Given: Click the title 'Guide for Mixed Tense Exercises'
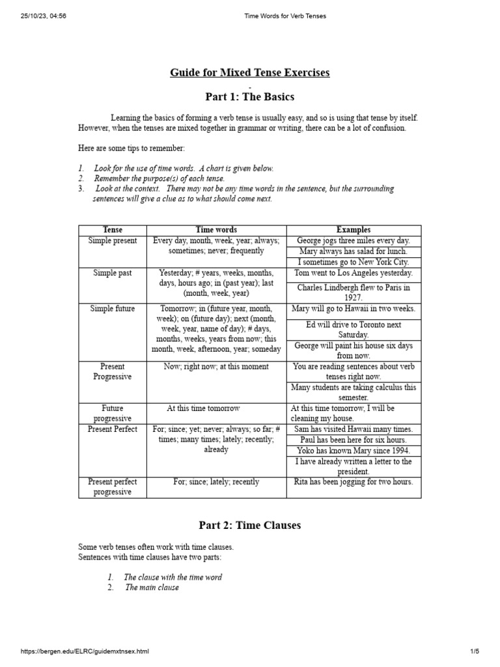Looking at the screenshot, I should pyautogui.click(x=250, y=72).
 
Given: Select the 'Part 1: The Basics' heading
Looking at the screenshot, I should pyautogui.click(x=250, y=97).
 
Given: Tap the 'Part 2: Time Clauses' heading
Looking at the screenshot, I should pyautogui.click(x=250, y=526).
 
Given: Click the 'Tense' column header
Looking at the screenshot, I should pyautogui.click(x=113, y=230).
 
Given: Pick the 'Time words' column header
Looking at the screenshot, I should pyautogui.click(x=217, y=230).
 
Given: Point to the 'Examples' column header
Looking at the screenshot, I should pyautogui.click(x=354, y=230).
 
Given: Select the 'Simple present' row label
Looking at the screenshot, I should pyautogui.click(x=113, y=241).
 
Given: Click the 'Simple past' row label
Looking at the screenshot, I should pyautogui.click(x=113, y=273).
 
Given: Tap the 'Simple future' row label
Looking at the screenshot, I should pyautogui.click(x=113, y=309).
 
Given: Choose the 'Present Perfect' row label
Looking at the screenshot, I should pyautogui.click(x=113, y=429).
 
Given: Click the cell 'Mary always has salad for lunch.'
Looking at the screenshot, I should pyautogui.click(x=354, y=251).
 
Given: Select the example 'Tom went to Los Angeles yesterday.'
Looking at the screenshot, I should pyautogui.click(x=354, y=273).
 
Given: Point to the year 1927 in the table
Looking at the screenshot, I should pyautogui.click(x=354, y=298).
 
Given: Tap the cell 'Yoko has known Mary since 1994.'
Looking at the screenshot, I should pyautogui.click(x=354, y=451).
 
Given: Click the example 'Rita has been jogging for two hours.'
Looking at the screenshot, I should pyautogui.click(x=354, y=482).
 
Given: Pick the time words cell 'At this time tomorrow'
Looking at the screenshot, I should pyautogui.click(x=203, y=408).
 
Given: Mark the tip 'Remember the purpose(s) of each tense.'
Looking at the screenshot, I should pyautogui.click(x=159, y=178).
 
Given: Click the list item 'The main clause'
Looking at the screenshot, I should pyautogui.click(x=152, y=588).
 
